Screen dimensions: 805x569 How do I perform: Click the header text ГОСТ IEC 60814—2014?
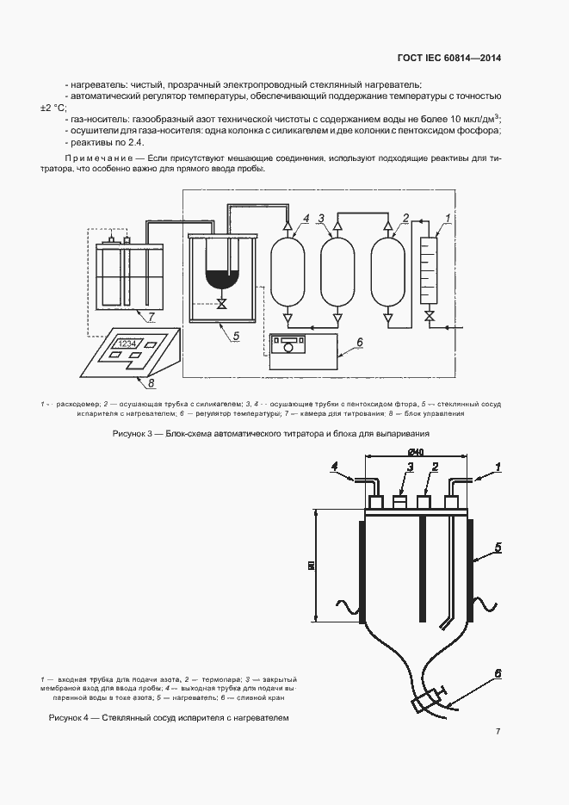449,59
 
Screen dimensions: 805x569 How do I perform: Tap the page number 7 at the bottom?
498,732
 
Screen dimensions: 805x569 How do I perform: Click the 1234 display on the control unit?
127,344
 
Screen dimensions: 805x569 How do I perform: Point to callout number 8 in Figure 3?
152,384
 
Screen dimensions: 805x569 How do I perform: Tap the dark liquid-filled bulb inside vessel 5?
221,279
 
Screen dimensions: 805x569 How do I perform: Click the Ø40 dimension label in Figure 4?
415,452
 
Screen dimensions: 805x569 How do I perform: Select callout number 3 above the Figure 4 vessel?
411,467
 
